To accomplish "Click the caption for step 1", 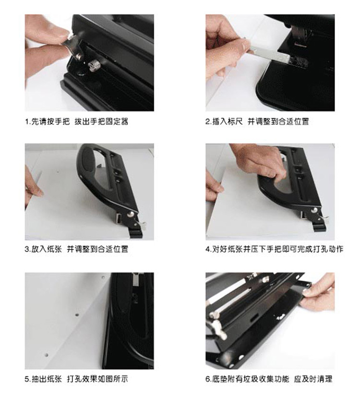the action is pyautogui.click(x=77, y=121).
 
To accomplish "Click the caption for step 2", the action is pyautogui.click(x=257, y=121).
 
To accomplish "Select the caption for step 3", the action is pyautogui.click(x=77, y=249).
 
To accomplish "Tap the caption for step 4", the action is pyautogui.click(x=274, y=249).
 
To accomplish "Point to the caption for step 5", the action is pyautogui.click(x=77, y=379).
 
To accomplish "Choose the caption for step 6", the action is pyautogui.click(x=269, y=379).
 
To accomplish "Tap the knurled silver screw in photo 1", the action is pyautogui.click(x=93, y=66).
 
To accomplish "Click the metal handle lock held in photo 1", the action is pyautogui.click(x=74, y=45).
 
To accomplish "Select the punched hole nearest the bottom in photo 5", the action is pyautogui.click(x=47, y=355).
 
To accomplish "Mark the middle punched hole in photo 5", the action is pyautogui.click(x=77, y=314).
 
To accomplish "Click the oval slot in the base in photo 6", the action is pyautogui.click(x=253, y=319).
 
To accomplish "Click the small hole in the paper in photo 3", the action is pyautogui.click(x=58, y=172).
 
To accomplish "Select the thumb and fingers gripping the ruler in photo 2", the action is pyautogui.click(x=227, y=47).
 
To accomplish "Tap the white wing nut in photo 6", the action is pyautogui.click(x=219, y=329).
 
